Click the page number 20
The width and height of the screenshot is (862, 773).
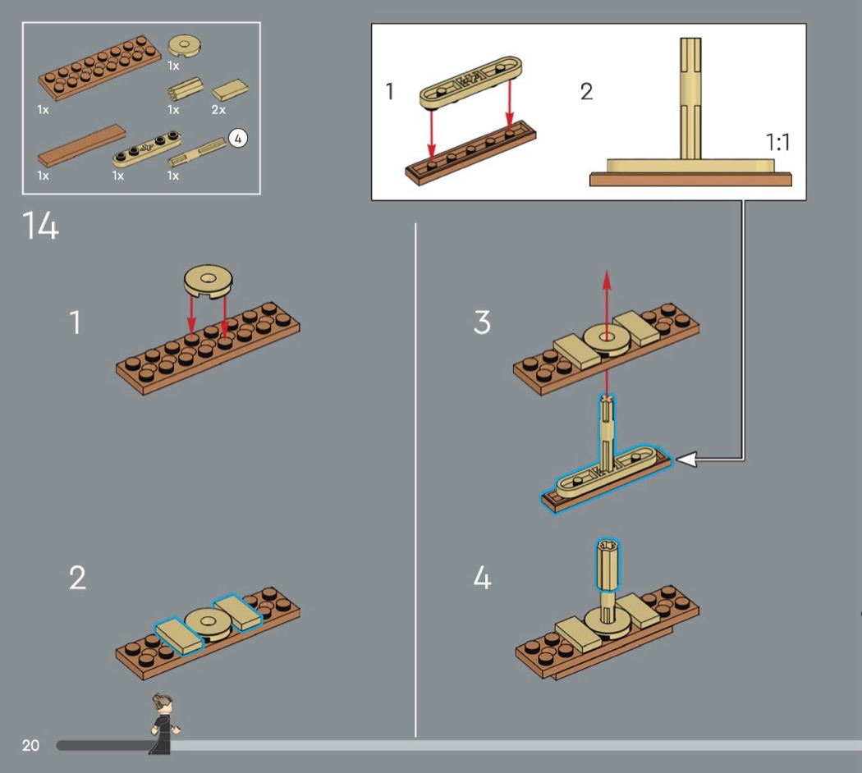tap(30, 745)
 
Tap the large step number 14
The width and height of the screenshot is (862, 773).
tap(40, 226)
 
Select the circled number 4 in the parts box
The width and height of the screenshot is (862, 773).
tap(237, 139)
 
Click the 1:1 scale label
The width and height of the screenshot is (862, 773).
tap(777, 142)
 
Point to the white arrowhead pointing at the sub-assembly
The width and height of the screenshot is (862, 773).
tap(685, 460)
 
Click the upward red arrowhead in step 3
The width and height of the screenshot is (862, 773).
tap(607, 277)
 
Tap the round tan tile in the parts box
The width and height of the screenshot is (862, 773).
tap(186, 45)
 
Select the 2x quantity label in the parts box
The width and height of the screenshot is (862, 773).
tap(218, 109)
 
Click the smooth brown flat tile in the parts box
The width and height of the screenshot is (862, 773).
tap(81, 146)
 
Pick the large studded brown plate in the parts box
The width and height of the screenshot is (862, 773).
tap(99, 67)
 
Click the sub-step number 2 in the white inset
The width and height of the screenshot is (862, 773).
tap(586, 91)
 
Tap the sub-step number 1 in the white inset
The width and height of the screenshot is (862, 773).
tap(390, 91)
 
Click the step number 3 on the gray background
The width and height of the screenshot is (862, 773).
tap(483, 322)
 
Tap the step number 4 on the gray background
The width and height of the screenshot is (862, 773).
tap(483, 579)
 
